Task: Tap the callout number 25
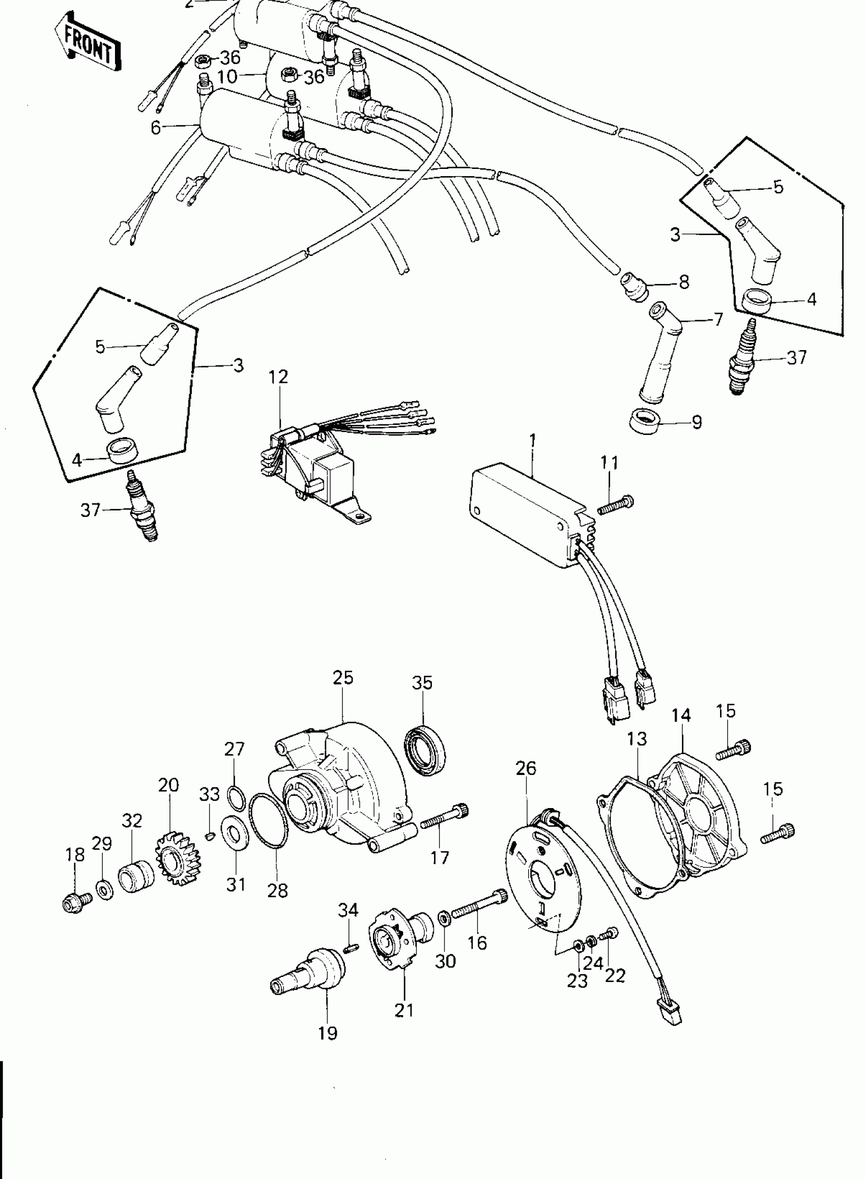(x=343, y=677)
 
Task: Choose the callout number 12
(x=279, y=377)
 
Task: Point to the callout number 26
(x=526, y=768)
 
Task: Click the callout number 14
(x=681, y=715)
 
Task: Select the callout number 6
(x=156, y=128)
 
